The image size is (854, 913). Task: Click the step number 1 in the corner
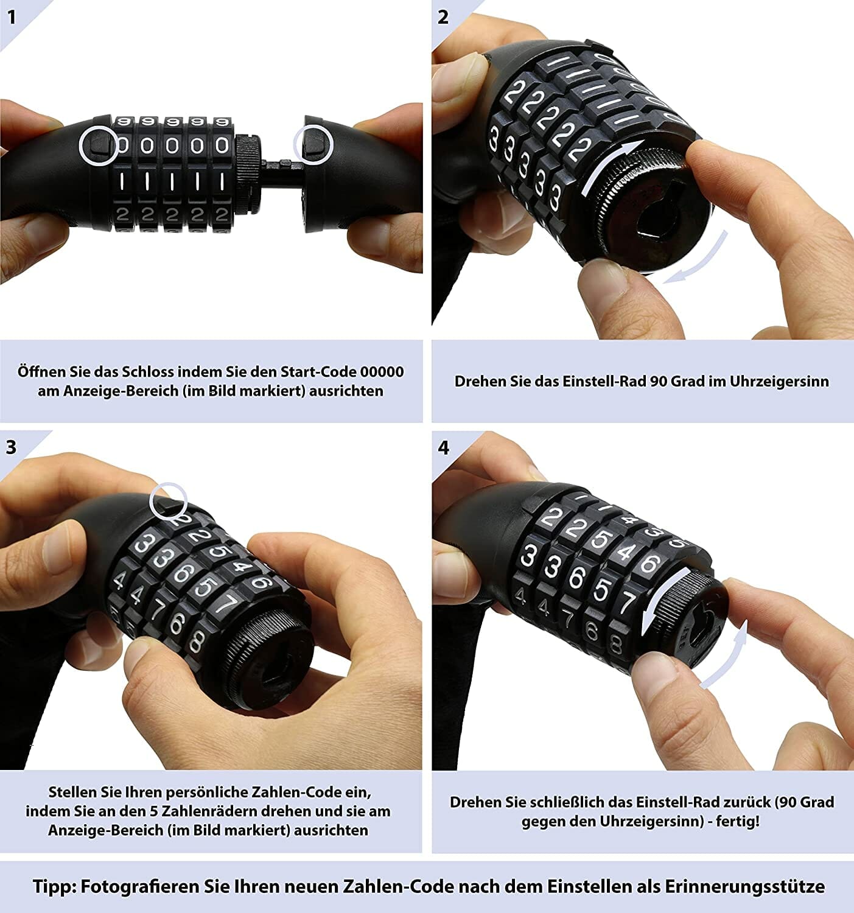click(11, 18)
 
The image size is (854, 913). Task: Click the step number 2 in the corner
click(443, 18)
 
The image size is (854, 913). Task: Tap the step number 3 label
click(11, 447)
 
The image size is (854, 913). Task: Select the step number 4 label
click(443, 447)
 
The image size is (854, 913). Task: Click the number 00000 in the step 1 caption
click(382, 371)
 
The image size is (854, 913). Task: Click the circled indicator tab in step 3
click(169, 503)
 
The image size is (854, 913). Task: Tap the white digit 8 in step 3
click(197, 640)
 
